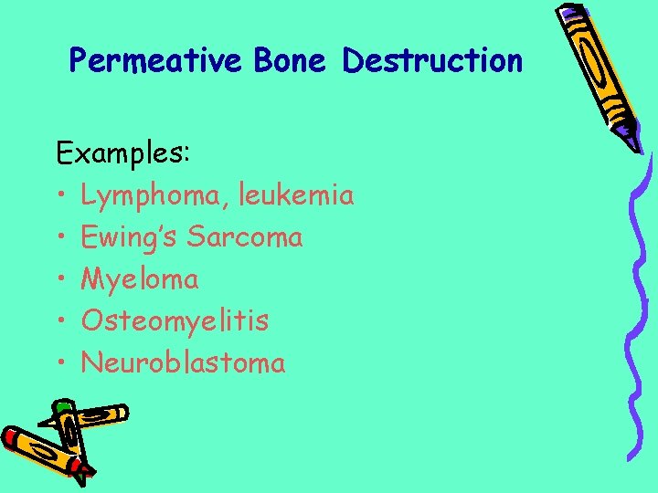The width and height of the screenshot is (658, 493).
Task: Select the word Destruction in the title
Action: (432, 61)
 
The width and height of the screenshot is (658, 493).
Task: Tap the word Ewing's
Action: (129, 236)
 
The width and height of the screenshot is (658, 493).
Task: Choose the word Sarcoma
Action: (245, 236)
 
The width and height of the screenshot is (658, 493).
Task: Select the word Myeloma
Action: (140, 279)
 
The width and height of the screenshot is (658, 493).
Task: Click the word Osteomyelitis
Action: (175, 321)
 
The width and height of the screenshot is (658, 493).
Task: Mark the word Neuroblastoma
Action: (183, 362)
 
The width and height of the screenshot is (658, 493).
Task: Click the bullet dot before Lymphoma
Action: (60, 195)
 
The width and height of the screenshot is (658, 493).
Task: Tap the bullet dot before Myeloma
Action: (60, 279)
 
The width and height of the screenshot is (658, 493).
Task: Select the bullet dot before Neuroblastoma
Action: (60, 363)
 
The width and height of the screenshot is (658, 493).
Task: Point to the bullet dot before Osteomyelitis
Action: (60, 321)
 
